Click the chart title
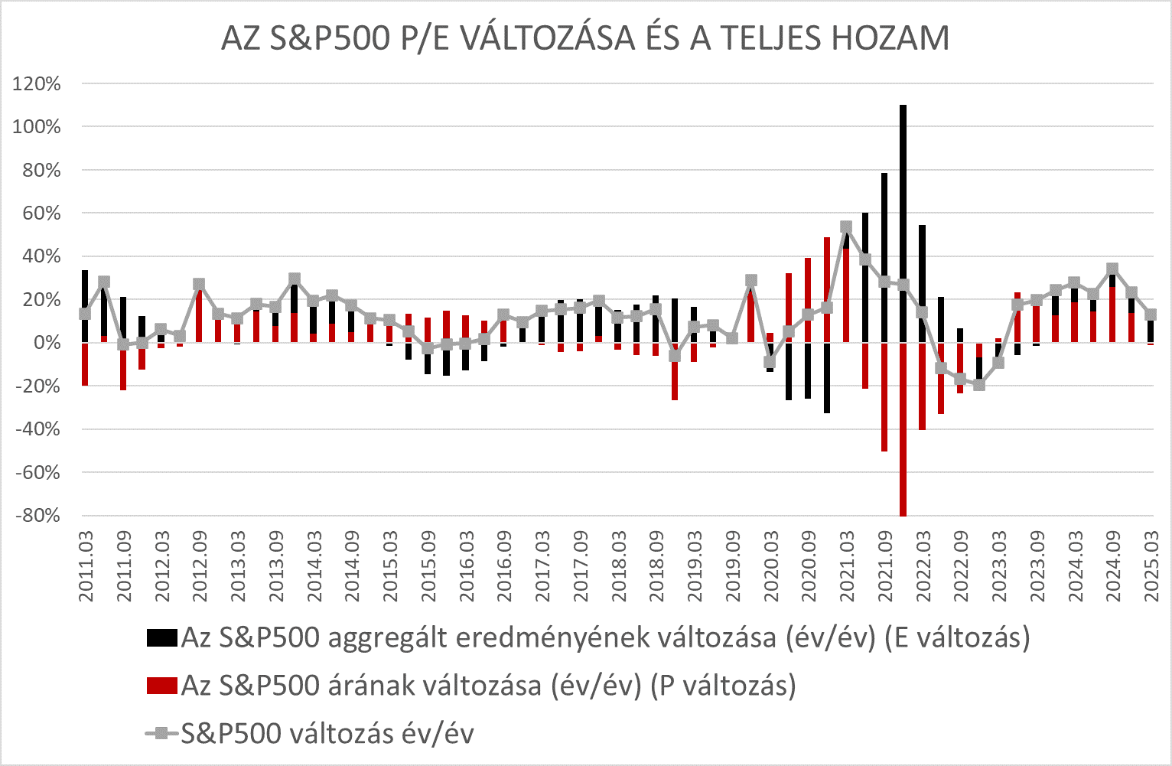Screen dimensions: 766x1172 [585, 38]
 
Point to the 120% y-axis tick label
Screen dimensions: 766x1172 [36, 83]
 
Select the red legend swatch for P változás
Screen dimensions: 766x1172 [161, 686]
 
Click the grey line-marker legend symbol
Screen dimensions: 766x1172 [161, 734]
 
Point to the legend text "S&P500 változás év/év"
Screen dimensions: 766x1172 [327, 734]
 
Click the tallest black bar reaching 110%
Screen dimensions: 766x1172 [903, 222]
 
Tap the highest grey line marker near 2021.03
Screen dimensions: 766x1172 [846, 227]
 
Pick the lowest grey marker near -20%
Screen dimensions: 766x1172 [979, 385]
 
